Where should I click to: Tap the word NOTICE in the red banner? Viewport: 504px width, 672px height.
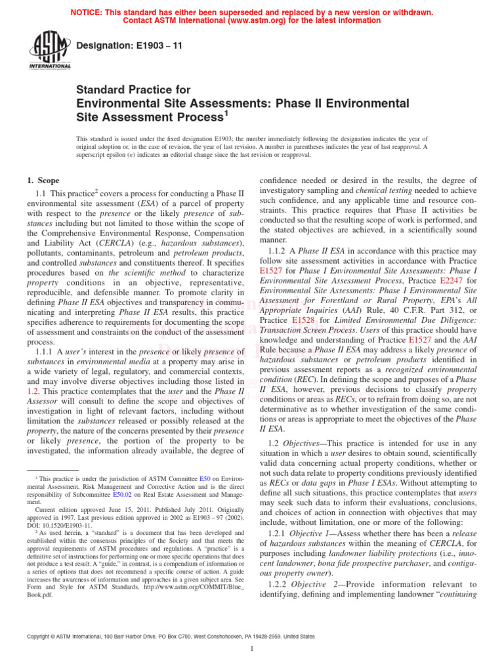click(91, 12)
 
